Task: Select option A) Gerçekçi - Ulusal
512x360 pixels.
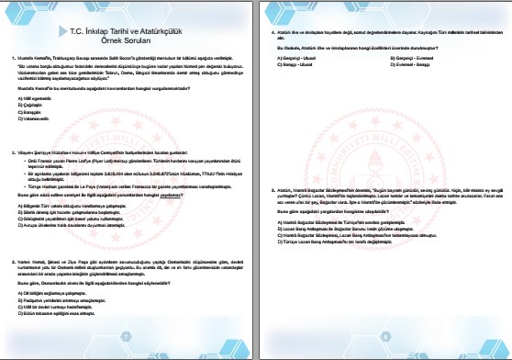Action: tap(279, 57)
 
